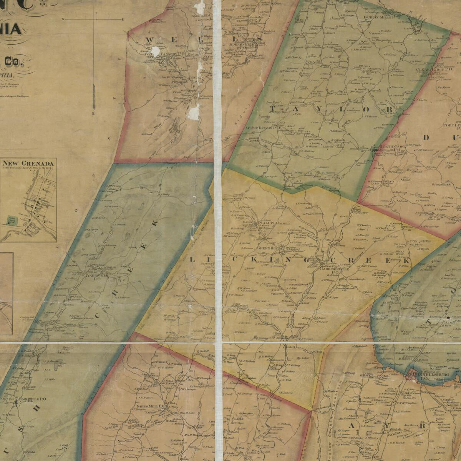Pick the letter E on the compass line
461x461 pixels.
point(123,19)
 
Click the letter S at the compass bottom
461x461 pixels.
point(93,113)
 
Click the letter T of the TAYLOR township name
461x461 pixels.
point(274,109)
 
